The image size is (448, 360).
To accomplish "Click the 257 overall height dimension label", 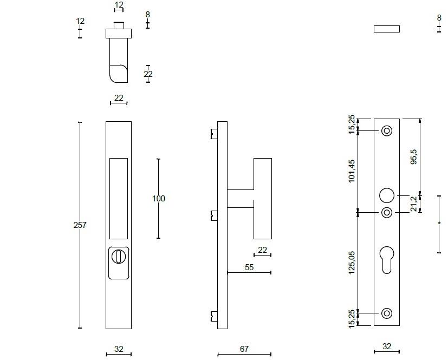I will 80,225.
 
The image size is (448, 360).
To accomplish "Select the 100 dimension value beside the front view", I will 158,199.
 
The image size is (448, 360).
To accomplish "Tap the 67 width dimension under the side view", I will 244,349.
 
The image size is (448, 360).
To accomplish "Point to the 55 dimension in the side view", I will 249,267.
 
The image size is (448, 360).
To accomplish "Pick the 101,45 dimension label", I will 352,171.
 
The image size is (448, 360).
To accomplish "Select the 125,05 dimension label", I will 352,263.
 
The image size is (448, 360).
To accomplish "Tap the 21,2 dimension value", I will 414,204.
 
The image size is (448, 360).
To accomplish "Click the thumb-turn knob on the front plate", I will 118,255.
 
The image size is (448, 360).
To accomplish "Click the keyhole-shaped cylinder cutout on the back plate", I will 387,259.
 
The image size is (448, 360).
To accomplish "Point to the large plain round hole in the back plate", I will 387,195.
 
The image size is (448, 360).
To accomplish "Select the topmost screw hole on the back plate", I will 387,131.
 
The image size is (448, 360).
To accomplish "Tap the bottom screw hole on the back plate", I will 387,313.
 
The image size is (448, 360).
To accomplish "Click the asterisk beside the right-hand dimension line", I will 439,224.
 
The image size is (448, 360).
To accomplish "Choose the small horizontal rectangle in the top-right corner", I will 387,29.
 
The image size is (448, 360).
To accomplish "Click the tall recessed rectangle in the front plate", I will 119,198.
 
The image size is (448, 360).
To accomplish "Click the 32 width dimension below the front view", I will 119,349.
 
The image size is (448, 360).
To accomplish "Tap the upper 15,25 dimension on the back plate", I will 352,125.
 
